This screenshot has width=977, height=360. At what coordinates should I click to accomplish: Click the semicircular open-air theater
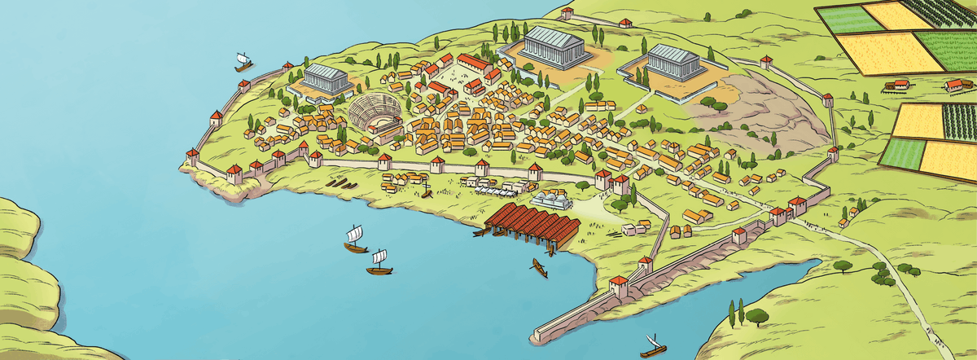point(374,112)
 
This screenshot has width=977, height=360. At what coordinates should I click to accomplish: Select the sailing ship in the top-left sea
point(242,61)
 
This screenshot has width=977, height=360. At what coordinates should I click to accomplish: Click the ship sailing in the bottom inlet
point(652,347)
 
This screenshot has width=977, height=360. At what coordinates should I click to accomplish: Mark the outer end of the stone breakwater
point(537,335)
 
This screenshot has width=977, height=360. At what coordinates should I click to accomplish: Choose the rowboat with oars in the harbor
point(539,267)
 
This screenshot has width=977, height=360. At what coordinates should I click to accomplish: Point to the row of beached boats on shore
point(340,183)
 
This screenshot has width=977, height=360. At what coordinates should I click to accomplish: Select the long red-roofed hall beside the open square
point(473,63)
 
